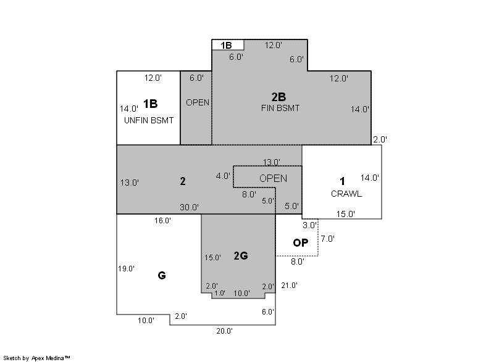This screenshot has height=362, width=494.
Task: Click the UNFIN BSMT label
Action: coord(149,120)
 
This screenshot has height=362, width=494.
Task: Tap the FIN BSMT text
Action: coord(280,108)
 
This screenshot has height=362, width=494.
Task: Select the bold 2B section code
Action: coord(278,97)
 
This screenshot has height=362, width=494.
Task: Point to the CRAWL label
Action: coord(346,194)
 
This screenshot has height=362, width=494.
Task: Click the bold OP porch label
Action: coord(300,243)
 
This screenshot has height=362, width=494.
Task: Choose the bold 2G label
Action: coord(241,256)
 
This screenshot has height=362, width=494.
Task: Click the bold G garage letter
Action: coord(162,276)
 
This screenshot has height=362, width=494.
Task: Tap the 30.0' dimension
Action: coord(189,207)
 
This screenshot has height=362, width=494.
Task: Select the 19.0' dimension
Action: coord(126,269)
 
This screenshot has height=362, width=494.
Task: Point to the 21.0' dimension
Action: coord(289,286)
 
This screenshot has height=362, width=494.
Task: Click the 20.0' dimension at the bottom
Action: coord(224,331)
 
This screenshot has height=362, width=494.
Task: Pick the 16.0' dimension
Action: coord(162,221)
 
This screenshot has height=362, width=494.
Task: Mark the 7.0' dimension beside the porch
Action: coord(327,239)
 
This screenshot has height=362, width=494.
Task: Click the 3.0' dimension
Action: coord(309,225)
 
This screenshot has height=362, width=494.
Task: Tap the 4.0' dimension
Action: coord(223,176)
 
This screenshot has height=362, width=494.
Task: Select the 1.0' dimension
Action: coord(220,293)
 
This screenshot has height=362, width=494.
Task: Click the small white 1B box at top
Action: coord(228,45)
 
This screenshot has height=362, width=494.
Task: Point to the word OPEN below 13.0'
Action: coord(273,179)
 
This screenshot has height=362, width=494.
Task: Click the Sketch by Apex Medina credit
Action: coord(36,358)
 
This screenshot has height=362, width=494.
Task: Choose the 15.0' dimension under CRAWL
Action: coord(345,214)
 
